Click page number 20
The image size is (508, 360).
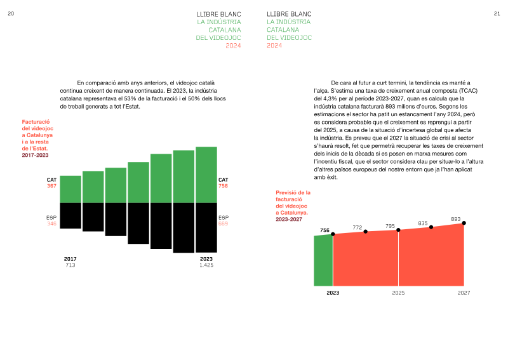11,14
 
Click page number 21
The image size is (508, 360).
497,14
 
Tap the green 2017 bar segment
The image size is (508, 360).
70,189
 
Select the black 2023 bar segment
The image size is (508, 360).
206,228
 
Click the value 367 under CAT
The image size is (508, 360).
52,186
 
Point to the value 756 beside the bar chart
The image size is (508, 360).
224,186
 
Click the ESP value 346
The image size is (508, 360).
52,223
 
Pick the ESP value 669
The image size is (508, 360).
224,223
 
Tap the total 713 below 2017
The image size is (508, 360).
70,265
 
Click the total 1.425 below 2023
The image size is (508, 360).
206,265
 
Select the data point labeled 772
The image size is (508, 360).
366,232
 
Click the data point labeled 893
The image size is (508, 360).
464,223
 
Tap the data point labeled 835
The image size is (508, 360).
431,227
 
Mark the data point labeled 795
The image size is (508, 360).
398,230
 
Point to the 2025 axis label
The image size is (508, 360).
398,293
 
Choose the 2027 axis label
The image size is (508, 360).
464,293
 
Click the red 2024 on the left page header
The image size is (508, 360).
233,46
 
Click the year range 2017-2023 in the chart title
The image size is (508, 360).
35,155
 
